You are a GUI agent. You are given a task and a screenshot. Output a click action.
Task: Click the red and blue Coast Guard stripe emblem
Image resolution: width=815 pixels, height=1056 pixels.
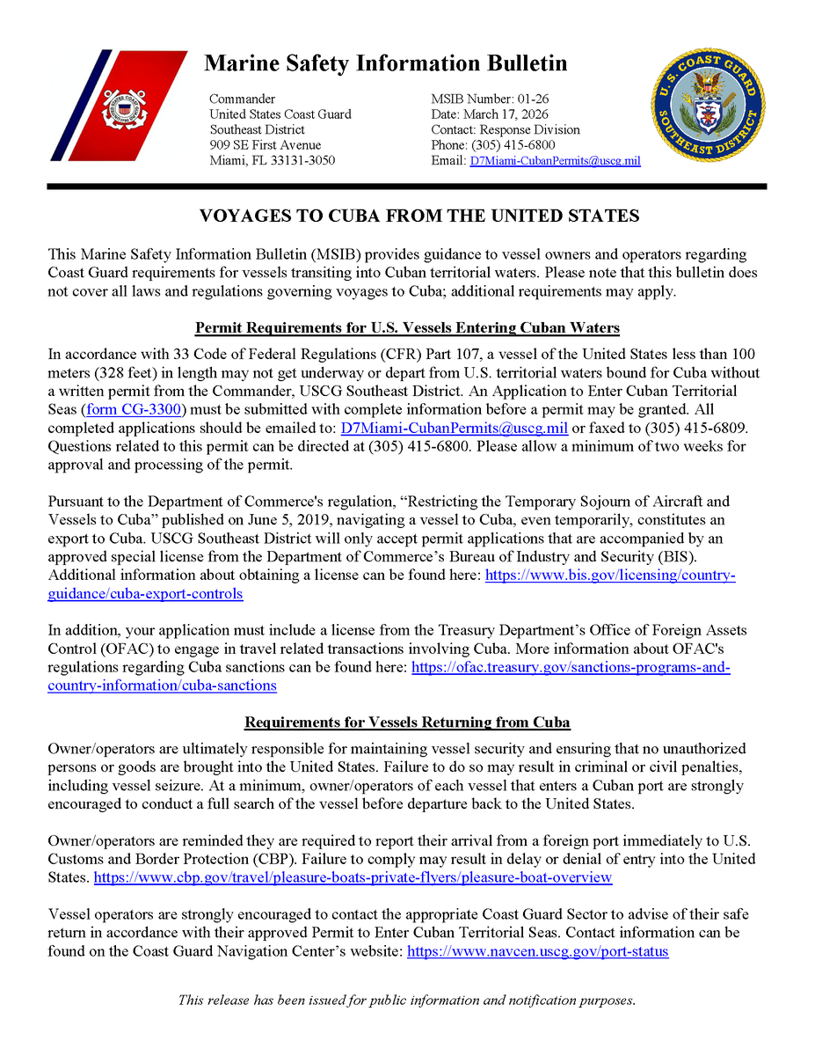[x=119, y=106]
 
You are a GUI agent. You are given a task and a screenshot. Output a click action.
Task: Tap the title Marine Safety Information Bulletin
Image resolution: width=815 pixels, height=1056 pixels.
[x=385, y=63]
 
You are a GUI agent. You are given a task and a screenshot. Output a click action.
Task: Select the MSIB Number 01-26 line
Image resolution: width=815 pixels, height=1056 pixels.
[x=490, y=99]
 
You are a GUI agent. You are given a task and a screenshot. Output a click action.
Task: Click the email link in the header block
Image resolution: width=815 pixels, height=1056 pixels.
[x=555, y=161]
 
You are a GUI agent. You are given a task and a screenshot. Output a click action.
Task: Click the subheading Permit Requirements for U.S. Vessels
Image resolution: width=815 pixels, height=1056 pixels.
[x=407, y=328]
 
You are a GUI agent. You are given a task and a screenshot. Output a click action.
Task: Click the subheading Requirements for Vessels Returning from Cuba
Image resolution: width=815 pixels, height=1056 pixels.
[x=407, y=722]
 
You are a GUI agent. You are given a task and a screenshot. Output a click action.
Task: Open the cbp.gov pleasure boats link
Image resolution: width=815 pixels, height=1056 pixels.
[x=353, y=877]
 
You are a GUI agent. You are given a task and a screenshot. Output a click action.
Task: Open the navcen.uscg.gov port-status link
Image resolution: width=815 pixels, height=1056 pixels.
[x=537, y=951]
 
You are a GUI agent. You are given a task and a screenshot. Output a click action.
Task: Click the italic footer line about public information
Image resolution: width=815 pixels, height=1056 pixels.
[x=406, y=1000]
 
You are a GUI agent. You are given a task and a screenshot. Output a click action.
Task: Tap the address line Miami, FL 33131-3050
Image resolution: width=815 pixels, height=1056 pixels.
[x=272, y=161]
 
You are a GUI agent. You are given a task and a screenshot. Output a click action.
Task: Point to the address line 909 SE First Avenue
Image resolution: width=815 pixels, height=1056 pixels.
[x=265, y=145]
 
